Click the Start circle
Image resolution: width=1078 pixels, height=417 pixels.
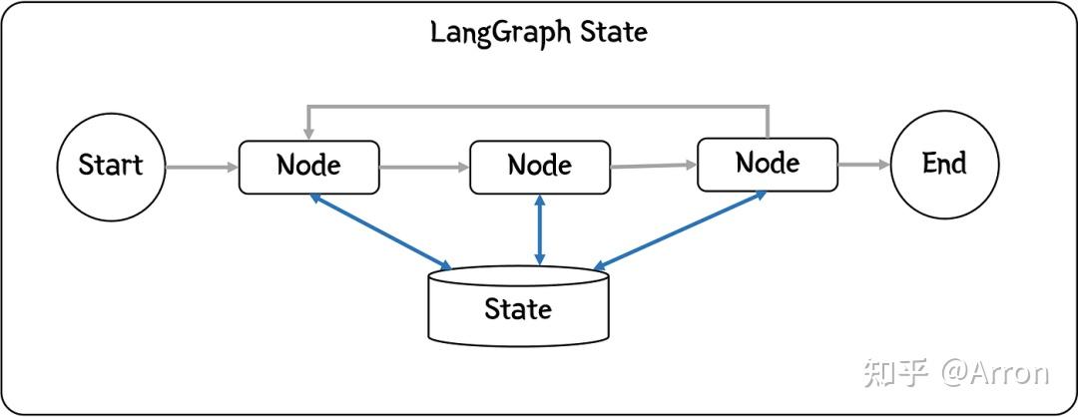click(x=110, y=166)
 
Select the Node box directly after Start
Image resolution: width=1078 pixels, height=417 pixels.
click(x=308, y=167)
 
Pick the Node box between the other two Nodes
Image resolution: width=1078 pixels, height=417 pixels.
click(x=539, y=167)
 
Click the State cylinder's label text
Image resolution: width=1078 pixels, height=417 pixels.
click(x=518, y=308)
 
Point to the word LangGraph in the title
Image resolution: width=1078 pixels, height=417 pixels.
click(x=486, y=32)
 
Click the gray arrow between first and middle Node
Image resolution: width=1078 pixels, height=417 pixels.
click(x=424, y=168)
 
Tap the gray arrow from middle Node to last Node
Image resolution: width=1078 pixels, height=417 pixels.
click(x=654, y=167)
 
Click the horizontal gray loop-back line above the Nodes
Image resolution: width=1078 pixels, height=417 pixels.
click(x=539, y=106)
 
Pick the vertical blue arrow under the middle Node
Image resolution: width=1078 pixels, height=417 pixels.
click(x=540, y=230)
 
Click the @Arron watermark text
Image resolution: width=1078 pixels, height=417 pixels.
click(x=994, y=373)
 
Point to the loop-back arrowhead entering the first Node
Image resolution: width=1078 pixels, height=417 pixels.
click(x=309, y=134)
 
